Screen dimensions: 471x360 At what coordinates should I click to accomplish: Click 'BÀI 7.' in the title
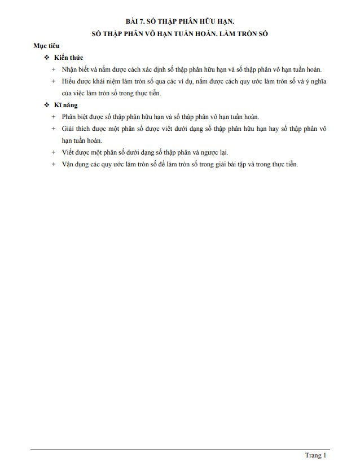136,21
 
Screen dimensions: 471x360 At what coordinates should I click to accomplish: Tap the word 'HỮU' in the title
207,21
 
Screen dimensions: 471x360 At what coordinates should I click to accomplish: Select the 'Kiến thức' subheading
68,58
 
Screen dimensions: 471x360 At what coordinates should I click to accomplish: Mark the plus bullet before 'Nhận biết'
54,69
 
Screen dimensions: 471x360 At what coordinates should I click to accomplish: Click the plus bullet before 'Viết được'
54,152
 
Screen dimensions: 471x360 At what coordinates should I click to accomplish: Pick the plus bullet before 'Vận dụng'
54,164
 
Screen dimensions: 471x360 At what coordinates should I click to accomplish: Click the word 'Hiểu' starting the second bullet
69,81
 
